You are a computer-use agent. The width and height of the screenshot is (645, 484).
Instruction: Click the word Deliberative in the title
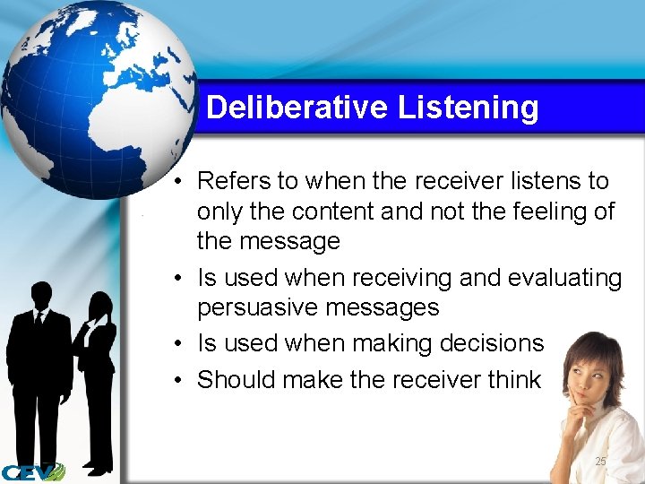297,108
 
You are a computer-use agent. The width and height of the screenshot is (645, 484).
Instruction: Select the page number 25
600,461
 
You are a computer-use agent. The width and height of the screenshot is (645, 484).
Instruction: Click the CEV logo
32,471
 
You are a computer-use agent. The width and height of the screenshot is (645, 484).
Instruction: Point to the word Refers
234,181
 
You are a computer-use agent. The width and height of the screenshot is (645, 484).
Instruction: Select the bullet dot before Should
180,381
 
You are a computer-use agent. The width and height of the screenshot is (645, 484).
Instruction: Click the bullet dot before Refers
180,182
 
